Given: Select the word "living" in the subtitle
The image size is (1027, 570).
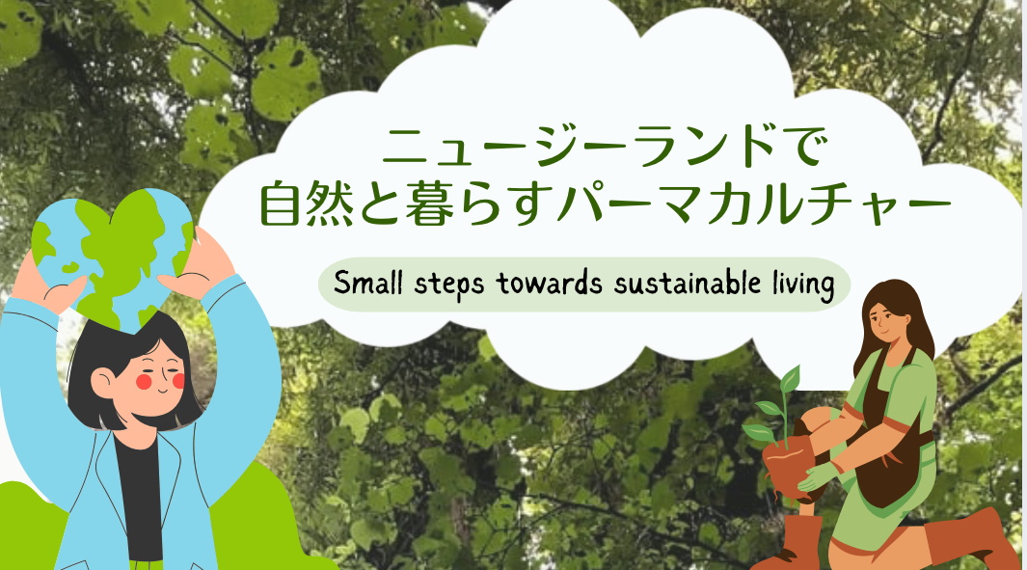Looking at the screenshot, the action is click(x=803, y=286).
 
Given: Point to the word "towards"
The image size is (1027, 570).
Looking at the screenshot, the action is click(x=549, y=283).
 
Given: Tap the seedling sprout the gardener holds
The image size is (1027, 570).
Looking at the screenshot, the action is click(x=777, y=406).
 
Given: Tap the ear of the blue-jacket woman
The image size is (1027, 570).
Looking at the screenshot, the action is click(x=103, y=382).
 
